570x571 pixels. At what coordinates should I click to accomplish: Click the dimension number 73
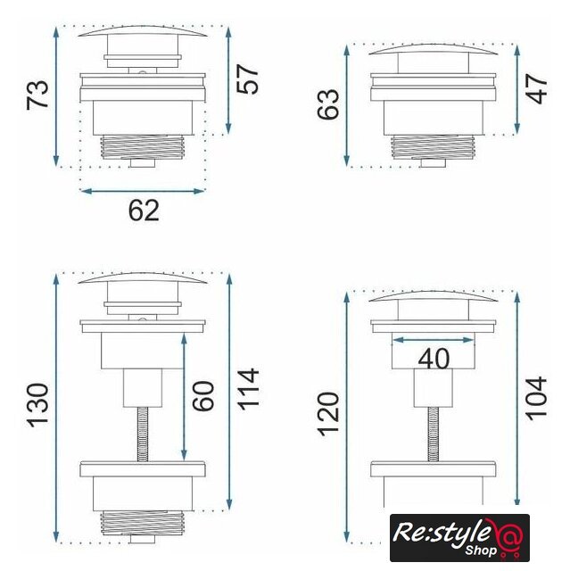pos(37,95)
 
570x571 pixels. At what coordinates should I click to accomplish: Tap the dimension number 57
pos(247,79)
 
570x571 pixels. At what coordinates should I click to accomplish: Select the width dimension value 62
pos(144,211)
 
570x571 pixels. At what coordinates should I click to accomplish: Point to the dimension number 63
pos(328,104)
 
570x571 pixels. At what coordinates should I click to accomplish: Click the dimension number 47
pos(536,89)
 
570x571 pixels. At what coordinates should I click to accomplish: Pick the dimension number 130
pos(37,405)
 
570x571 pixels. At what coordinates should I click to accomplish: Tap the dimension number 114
pos(248,389)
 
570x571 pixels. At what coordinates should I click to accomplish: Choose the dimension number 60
pos(202,396)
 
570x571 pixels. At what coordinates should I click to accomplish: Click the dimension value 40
pos(434,359)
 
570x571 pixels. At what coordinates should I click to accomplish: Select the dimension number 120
pos(328,414)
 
